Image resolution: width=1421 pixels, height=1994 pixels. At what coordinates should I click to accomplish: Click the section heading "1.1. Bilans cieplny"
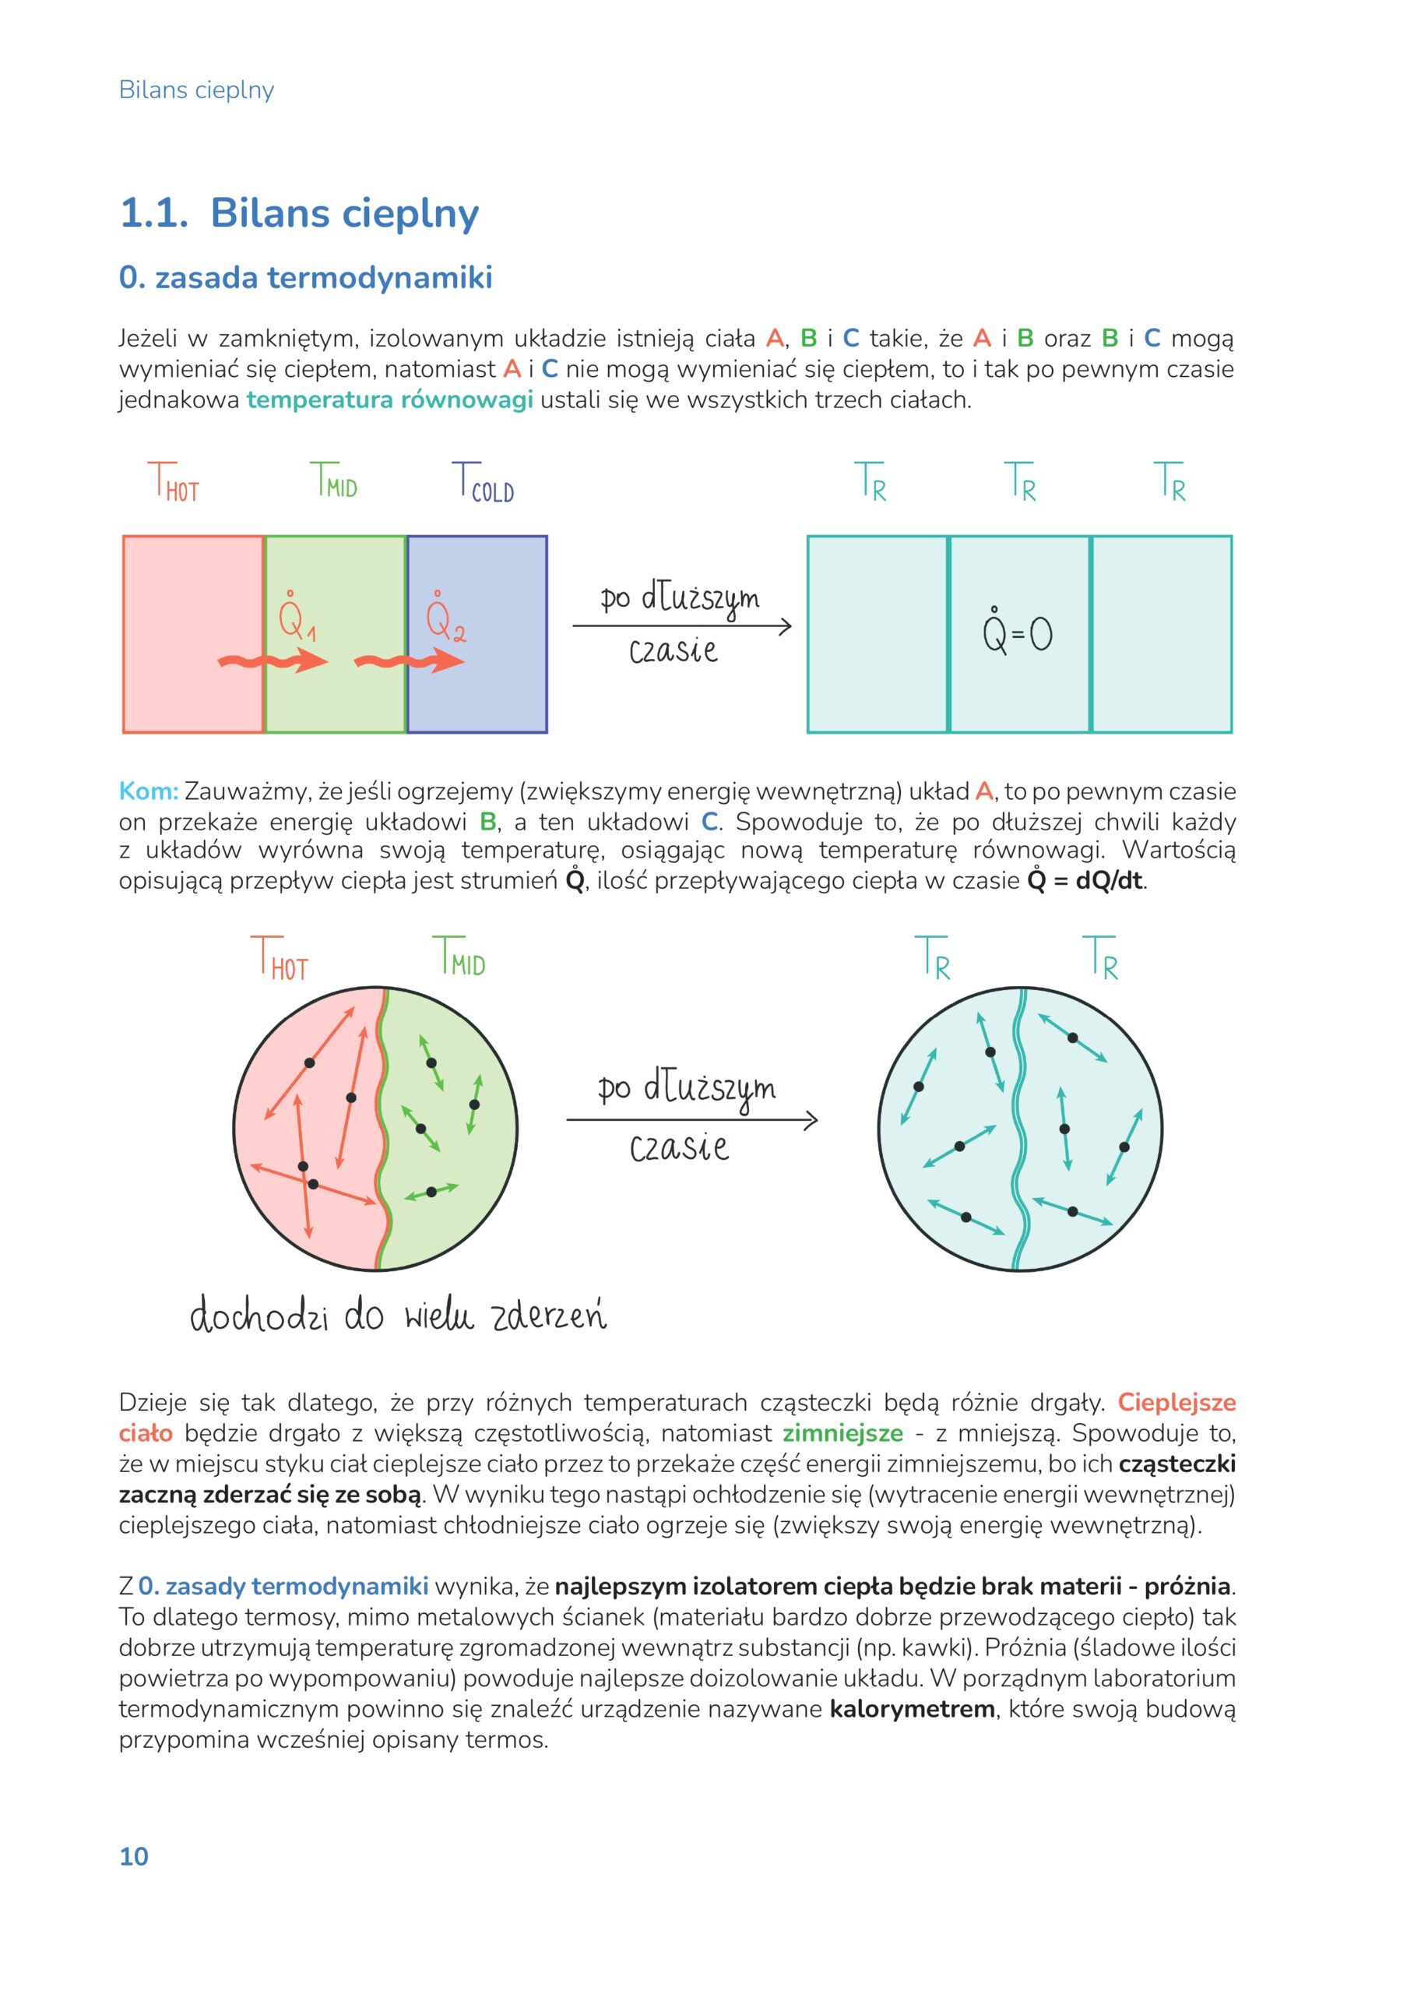click(x=299, y=213)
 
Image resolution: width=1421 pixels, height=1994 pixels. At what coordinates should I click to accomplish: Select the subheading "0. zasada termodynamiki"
click(x=305, y=277)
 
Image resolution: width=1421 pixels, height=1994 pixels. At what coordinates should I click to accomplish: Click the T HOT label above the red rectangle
click(x=174, y=482)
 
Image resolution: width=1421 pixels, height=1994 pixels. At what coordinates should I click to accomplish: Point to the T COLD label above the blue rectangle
click(x=483, y=482)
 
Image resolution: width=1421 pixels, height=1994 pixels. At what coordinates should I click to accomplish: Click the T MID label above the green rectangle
click(x=334, y=481)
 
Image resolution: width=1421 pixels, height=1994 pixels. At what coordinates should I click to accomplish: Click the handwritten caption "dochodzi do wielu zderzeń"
click(x=398, y=1316)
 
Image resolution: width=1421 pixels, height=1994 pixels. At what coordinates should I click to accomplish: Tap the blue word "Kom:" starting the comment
click(x=148, y=791)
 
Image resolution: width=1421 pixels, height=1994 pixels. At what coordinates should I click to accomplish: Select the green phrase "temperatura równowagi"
click(x=389, y=400)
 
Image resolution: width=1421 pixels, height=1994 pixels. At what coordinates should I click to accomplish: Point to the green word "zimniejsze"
click(x=842, y=1433)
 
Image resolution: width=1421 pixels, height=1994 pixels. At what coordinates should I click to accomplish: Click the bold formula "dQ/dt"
click(x=1109, y=881)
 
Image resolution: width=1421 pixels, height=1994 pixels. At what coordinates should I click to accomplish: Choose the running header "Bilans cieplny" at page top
click(x=196, y=90)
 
